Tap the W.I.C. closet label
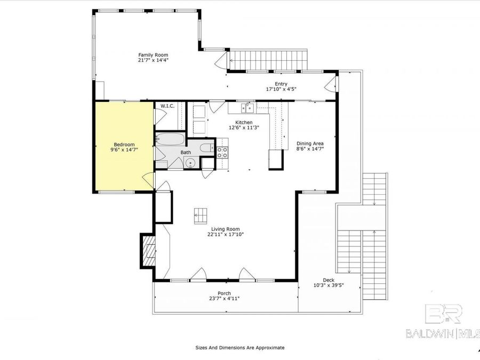168,106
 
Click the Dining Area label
310,143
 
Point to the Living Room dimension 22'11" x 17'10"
226,234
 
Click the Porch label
224,293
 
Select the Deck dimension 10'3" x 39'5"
328,285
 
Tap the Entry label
281,84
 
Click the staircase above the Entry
269,59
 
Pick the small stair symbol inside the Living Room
201,215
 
